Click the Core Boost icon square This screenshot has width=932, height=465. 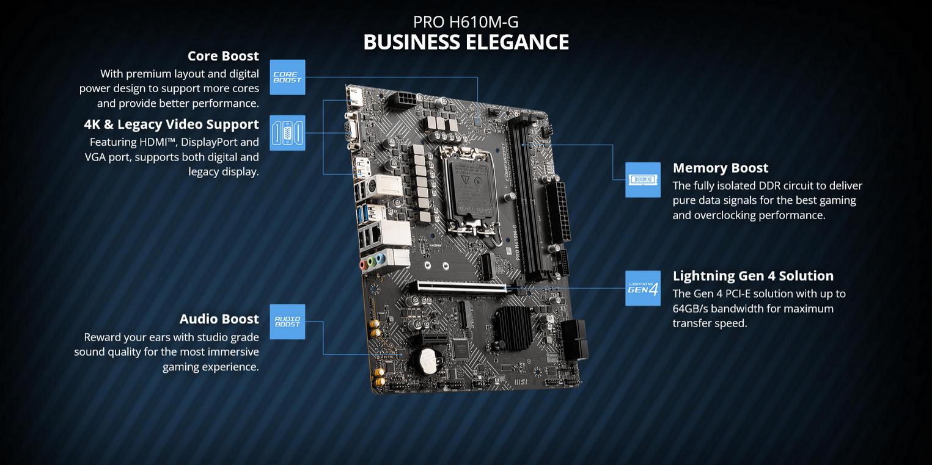[x=287, y=77]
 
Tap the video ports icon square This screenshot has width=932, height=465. [x=287, y=133]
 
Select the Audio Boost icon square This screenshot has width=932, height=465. [x=287, y=322]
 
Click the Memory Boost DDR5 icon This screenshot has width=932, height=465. [x=643, y=179]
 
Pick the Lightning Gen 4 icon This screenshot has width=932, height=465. [x=643, y=289]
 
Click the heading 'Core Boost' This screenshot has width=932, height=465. [x=223, y=56]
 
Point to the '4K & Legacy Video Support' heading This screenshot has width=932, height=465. [x=171, y=124]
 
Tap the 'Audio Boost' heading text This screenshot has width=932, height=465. [x=219, y=319]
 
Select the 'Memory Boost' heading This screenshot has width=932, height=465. [x=721, y=168]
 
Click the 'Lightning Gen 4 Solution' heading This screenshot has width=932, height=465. [x=753, y=276]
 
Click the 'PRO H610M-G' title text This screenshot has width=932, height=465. [x=466, y=22]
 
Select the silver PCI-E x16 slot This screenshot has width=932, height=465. [x=458, y=287]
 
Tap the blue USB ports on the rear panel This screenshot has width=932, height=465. [x=362, y=214]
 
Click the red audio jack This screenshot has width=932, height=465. [x=363, y=265]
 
